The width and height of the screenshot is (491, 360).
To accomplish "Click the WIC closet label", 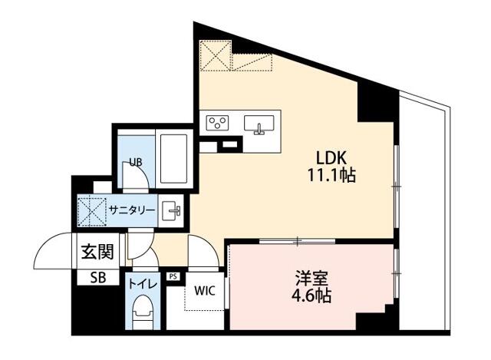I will pos(204,291).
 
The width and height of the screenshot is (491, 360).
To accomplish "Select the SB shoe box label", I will pos(98,278).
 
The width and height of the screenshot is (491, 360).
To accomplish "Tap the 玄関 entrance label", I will pos(97,252).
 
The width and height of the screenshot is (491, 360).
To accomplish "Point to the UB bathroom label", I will pos(135,162).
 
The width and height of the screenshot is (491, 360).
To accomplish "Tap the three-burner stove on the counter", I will pos(217,122).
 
